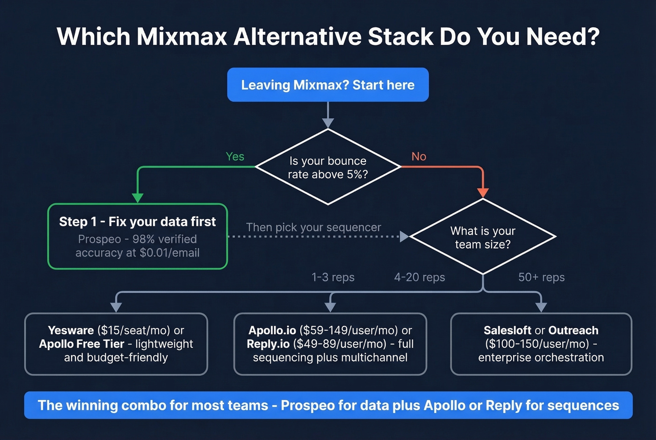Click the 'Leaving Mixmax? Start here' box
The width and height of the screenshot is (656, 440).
(328, 85)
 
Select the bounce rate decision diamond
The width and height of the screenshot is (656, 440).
(328, 167)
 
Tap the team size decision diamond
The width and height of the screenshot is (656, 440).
(483, 237)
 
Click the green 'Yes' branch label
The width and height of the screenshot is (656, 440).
(235, 157)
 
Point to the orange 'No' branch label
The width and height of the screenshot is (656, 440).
(418, 157)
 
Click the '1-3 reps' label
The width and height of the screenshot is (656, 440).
(333, 277)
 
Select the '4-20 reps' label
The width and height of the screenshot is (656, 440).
(419, 277)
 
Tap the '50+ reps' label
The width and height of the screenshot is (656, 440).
(541, 277)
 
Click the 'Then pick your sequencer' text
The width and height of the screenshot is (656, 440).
(313, 227)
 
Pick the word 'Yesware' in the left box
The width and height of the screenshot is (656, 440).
(71, 330)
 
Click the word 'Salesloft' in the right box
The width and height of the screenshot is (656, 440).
(507, 330)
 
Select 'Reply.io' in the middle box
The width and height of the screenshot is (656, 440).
(268, 344)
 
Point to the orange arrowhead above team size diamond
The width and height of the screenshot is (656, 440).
(483, 193)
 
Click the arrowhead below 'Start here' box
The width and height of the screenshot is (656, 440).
(328, 123)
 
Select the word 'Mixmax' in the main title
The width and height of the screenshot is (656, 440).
(182, 37)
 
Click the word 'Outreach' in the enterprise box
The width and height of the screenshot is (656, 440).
(573, 330)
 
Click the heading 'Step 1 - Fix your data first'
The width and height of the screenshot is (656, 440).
(137, 222)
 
